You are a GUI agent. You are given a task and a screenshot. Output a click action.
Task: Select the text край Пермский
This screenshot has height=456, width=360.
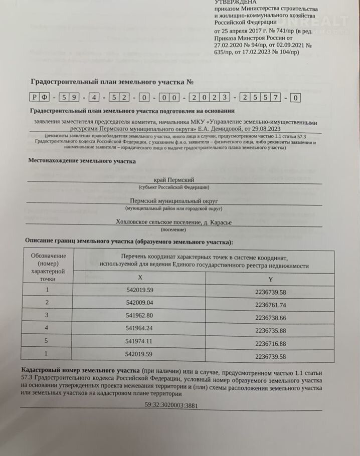coord(173,180)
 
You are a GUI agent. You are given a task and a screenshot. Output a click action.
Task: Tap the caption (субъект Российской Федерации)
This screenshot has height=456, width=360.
coord(174,187)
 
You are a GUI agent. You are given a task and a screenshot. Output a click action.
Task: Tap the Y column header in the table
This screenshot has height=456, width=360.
coord(271,278)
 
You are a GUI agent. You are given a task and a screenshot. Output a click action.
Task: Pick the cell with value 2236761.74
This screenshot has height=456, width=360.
coord(271,305)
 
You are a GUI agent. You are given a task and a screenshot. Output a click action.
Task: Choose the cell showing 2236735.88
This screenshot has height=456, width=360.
coord(271,331)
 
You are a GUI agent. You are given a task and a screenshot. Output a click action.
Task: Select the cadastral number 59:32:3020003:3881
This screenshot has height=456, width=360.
coord(170,404)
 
